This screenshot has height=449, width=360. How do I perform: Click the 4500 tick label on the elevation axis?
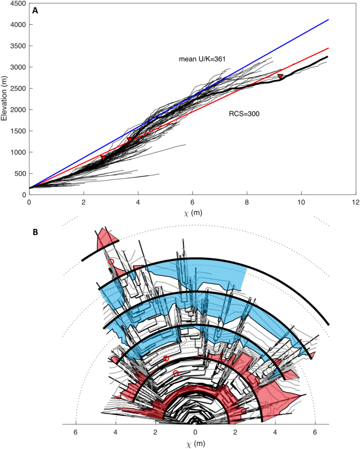tap(17, 3)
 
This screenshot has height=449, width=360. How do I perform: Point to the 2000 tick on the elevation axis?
tap(17, 110)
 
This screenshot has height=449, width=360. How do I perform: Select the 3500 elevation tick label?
tap(17, 46)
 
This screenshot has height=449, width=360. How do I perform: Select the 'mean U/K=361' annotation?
tap(202, 59)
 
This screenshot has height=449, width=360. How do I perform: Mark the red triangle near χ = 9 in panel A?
tap(280, 77)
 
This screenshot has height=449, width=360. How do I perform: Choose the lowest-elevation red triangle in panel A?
tap(103, 158)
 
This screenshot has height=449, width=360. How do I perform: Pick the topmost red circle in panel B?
tap(111, 262)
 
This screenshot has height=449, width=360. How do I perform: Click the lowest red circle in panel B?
tap(176, 373)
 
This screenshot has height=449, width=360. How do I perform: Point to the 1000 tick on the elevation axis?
tap(17, 152)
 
